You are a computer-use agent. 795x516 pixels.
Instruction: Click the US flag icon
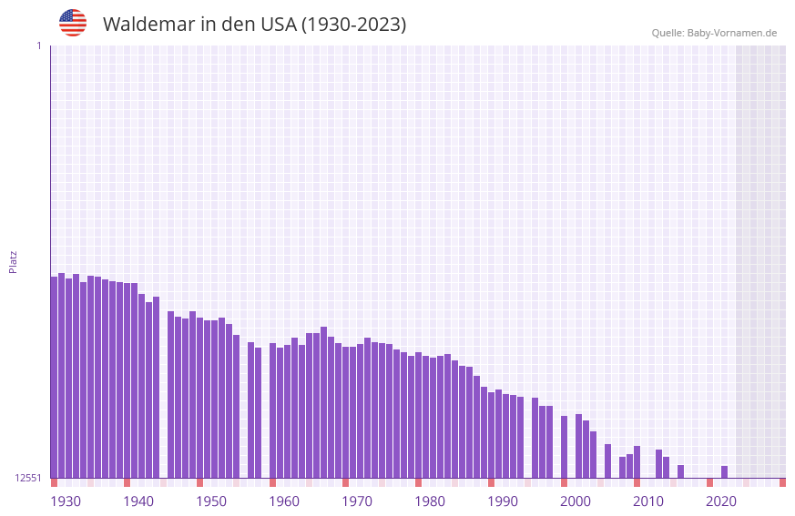click(x=73, y=23)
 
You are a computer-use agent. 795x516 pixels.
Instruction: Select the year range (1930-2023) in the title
click(x=354, y=25)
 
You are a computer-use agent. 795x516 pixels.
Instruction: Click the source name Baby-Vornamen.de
click(x=731, y=33)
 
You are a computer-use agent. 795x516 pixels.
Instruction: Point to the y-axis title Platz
click(x=13, y=261)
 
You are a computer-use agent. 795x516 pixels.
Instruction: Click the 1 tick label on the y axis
click(x=38, y=46)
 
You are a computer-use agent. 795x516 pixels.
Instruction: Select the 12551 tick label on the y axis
click(x=28, y=478)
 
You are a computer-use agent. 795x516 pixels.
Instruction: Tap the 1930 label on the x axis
click(x=66, y=501)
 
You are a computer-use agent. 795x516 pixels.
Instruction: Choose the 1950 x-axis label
click(x=211, y=501)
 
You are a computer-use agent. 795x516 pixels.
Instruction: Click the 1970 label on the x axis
click(x=357, y=501)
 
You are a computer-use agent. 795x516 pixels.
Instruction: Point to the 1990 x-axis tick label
click(x=503, y=501)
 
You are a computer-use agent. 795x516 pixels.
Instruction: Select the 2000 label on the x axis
click(x=576, y=501)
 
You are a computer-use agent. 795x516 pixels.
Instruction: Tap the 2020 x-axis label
click(x=721, y=501)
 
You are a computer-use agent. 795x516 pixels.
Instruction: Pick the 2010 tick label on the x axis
click(x=648, y=501)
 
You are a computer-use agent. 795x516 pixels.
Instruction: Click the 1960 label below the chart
click(x=284, y=501)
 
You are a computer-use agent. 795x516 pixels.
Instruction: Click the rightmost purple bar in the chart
click(x=725, y=471)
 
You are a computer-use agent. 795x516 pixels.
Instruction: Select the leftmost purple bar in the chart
click(x=54, y=377)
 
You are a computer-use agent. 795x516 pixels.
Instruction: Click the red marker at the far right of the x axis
click(x=782, y=482)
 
